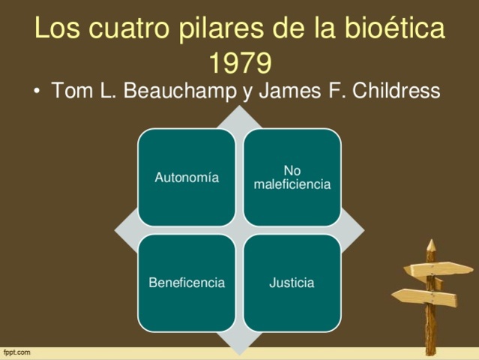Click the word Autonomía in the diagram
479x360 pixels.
187,178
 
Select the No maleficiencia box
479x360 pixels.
292,178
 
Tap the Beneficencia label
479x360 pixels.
187,283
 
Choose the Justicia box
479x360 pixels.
292,283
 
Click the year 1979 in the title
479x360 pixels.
239,63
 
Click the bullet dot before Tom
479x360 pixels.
37,91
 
